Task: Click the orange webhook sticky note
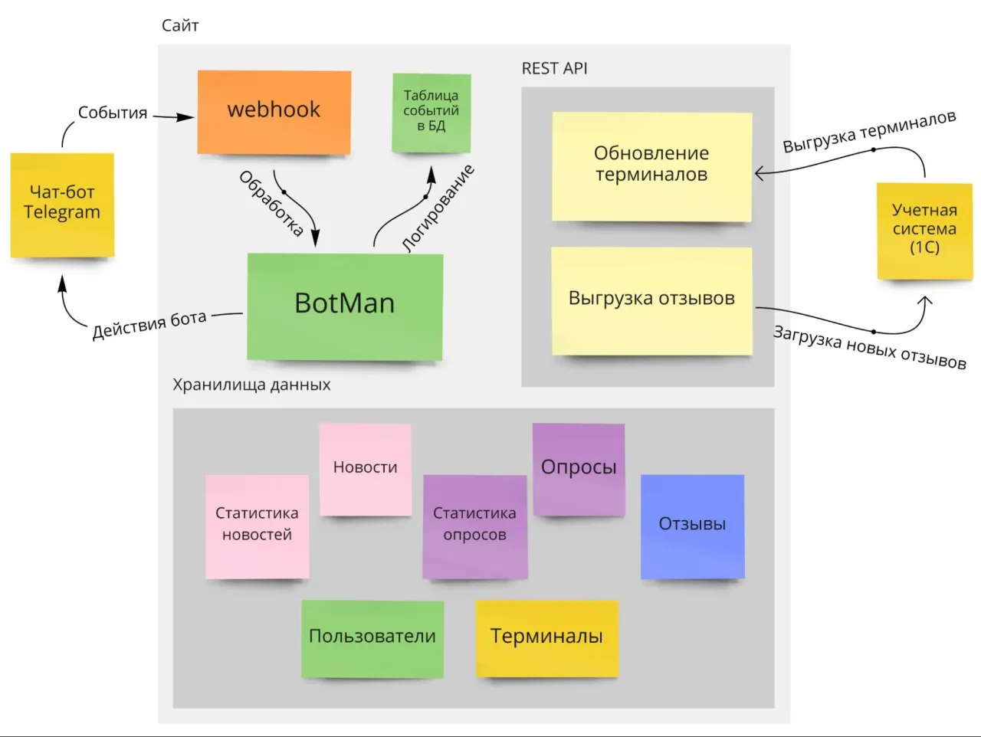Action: pos(274,112)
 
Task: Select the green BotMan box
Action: pos(345,306)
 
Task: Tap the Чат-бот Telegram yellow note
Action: pos(62,204)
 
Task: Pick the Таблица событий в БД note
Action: pos(431,112)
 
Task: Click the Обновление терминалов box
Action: pos(651,165)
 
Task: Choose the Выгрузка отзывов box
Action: pos(651,300)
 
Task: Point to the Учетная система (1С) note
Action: pos(924,229)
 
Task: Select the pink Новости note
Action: pos(365,469)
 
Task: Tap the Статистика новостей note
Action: pos(257,526)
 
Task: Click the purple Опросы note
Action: pos(579,469)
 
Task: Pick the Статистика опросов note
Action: pos(474,526)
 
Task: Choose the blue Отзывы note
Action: pos(692,526)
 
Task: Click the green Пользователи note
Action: pos(372,637)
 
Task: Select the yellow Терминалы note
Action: pos(546,637)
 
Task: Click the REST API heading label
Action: pos(554,69)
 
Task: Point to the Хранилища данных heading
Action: pos(251,385)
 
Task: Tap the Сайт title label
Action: pos(180,26)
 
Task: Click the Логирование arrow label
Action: pos(439,208)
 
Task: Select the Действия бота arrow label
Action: pos(149,325)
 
